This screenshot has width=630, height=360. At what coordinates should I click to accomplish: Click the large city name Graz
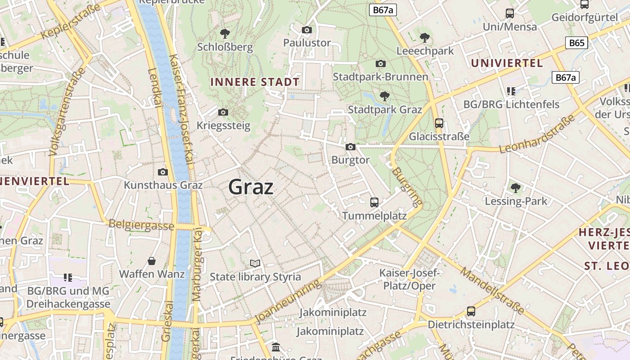(251, 187)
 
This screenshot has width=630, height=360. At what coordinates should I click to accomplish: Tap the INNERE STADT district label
(255, 82)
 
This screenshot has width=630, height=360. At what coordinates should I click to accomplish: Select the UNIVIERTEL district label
(507, 63)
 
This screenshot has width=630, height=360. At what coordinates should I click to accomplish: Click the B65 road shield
(576, 43)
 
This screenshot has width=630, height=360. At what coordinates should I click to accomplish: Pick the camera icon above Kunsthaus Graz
(163, 172)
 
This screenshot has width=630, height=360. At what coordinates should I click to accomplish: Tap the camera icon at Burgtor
(351, 147)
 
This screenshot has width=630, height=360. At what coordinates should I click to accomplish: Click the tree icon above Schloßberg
(225, 33)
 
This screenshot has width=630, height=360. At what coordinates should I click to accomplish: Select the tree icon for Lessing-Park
(516, 188)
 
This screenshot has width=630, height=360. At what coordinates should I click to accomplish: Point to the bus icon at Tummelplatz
(374, 202)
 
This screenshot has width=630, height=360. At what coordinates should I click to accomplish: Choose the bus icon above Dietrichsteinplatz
(471, 311)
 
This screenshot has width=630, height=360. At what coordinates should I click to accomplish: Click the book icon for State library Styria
(255, 263)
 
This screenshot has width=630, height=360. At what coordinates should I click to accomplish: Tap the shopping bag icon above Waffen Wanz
(152, 261)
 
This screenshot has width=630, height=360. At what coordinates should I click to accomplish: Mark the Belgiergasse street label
(141, 225)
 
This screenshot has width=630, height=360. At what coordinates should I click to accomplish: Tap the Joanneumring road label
(288, 301)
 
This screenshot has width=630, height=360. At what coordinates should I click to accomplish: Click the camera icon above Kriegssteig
(223, 112)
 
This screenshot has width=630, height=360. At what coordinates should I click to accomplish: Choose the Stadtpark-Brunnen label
(380, 77)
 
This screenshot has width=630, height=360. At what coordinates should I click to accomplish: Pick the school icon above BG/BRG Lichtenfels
(511, 91)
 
